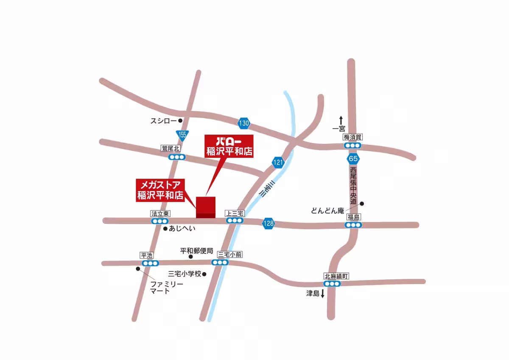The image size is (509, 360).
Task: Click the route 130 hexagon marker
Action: click(243, 124)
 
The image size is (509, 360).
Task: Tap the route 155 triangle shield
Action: click(182, 135)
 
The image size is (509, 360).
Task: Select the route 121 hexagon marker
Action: click(278, 162)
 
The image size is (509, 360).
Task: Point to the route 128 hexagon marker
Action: click(268, 223)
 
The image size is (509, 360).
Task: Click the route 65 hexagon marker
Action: click(353, 159)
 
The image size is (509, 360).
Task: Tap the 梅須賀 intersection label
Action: click(353, 137)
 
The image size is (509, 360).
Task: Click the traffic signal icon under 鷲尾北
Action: click(176, 157)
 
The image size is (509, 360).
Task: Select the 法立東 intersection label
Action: click(160, 214)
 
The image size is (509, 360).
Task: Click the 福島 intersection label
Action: click(353, 217)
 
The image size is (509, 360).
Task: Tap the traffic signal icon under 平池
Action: click(150, 263)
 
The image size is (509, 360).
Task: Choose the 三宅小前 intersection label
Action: click(230, 255)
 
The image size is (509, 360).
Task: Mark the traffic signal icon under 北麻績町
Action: click(331, 284)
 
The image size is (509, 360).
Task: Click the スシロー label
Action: click(163, 121)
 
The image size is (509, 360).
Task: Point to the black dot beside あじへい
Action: click(165, 228)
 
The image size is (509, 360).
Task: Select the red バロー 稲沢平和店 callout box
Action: click(229, 146)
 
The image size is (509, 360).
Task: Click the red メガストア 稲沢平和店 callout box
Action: click(161, 190)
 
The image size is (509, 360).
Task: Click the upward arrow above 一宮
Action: click(340, 120)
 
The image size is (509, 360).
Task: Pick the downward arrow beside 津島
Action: click(322, 293)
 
